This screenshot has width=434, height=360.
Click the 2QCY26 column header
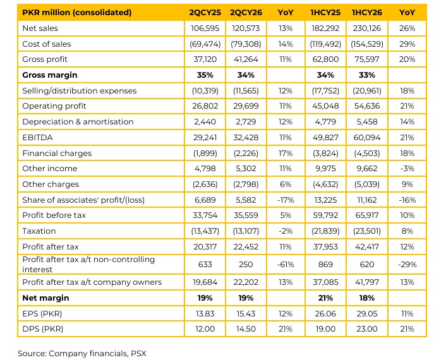[246, 13]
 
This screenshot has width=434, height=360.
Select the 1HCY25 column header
[325, 13]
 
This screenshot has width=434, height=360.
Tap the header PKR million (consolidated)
[77, 13]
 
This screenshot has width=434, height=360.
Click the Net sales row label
[40, 28]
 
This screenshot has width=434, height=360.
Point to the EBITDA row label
[37, 138]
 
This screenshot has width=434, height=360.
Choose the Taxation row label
[39, 231]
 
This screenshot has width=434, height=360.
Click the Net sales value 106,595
[205, 28]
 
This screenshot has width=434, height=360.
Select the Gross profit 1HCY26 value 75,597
[367, 59]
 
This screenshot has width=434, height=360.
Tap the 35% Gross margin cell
[205, 75]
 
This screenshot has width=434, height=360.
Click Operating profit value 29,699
[246, 106]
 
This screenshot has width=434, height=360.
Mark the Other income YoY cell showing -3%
[407, 169]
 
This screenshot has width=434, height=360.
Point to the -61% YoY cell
[286, 265]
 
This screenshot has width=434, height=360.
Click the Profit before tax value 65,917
[367, 215]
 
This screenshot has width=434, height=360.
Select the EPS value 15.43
[246, 313]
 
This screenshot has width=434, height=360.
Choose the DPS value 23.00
[367, 328]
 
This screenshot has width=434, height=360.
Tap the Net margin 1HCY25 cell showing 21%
[325, 298]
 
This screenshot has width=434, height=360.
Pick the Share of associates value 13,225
[325, 200]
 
